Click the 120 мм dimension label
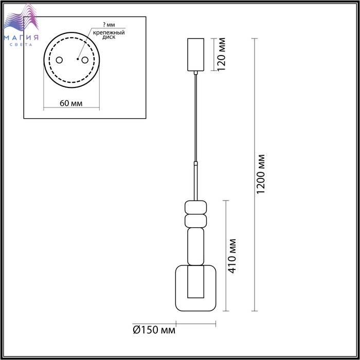point(221,55)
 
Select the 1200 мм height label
point(261,174)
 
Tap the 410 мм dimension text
point(232,256)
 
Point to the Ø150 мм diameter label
point(154,330)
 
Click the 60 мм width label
point(71,103)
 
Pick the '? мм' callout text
point(109,24)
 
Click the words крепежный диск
point(109,34)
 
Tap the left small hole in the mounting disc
point(59,60)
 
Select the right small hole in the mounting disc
point(85,60)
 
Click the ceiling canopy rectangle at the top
point(195,55)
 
